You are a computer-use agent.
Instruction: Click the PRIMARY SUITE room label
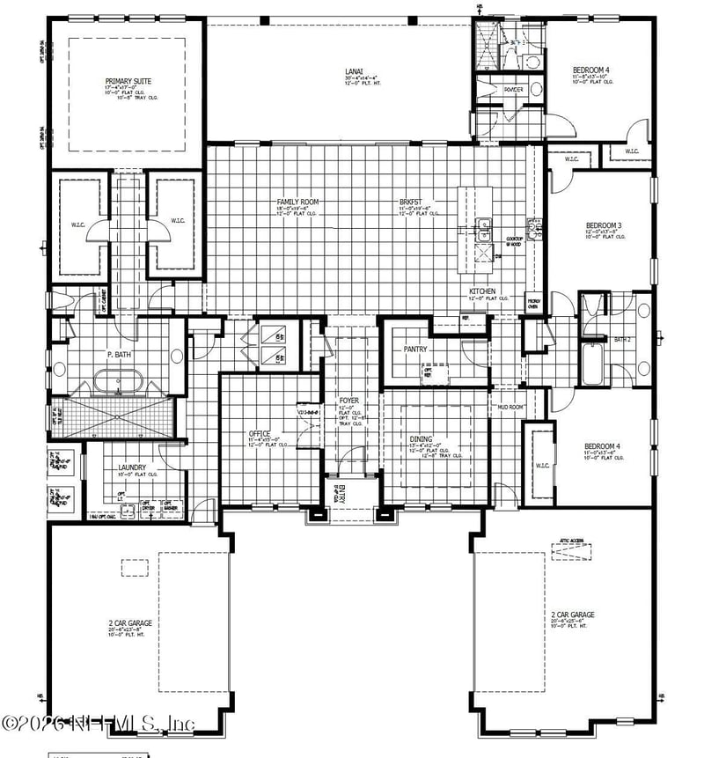(x=128, y=81)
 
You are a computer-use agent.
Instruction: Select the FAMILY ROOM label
(x=297, y=202)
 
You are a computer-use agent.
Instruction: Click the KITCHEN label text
(x=481, y=291)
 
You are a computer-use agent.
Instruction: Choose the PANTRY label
(x=416, y=349)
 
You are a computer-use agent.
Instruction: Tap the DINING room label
(x=421, y=438)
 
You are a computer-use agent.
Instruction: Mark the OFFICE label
(x=259, y=434)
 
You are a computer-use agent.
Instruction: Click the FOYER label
(x=349, y=401)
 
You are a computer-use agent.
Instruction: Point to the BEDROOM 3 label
(x=604, y=226)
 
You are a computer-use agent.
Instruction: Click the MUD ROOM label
(x=511, y=408)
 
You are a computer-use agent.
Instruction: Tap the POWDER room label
(x=513, y=89)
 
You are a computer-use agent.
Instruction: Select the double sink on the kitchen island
(x=483, y=230)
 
